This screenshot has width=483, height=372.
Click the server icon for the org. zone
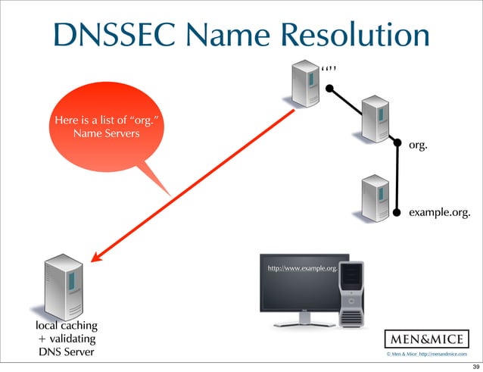pos(376,118)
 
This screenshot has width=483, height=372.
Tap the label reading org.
pos(418,144)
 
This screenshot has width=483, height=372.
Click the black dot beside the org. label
pos(397,141)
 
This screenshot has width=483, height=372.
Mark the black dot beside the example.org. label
pos(397,213)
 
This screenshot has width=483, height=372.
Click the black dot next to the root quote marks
pos(329,89)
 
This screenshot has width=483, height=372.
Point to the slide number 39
pos(473,365)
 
